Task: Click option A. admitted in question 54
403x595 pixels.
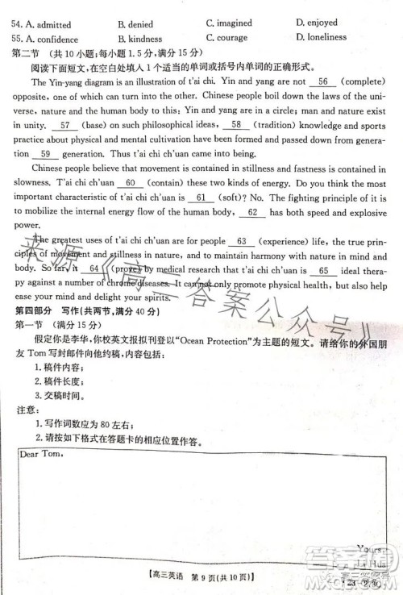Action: [45, 24]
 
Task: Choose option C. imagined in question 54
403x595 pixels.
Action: [229, 23]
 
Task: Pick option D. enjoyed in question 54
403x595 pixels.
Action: [317, 23]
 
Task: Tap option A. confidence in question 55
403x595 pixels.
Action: [48, 39]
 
